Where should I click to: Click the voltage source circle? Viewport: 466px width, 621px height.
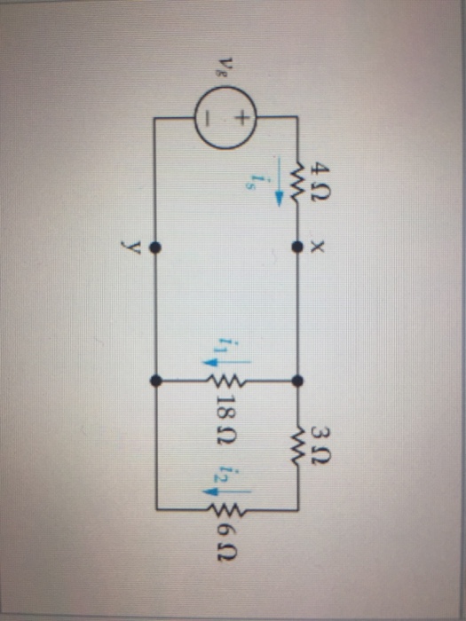(x=225, y=117)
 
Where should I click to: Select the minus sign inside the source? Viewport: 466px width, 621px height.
(x=209, y=118)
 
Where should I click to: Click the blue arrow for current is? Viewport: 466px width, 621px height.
(x=280, y=181)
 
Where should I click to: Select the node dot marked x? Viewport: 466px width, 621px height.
(x=297, y=248)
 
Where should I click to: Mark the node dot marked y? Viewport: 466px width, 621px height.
(x=155, y=248)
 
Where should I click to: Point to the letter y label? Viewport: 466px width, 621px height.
(x=133, y=248)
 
